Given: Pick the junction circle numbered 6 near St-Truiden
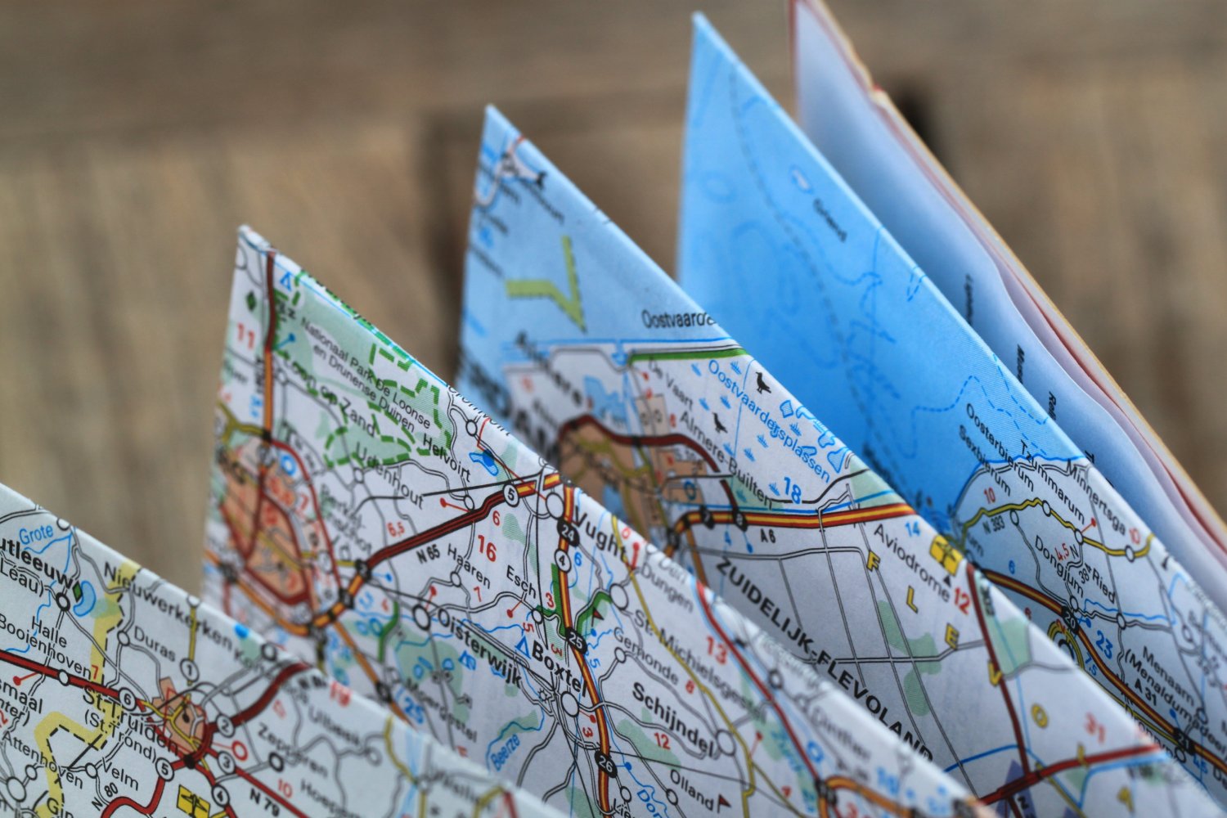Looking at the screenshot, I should tap(127, 698).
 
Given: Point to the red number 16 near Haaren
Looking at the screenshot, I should tap(486, 551).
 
